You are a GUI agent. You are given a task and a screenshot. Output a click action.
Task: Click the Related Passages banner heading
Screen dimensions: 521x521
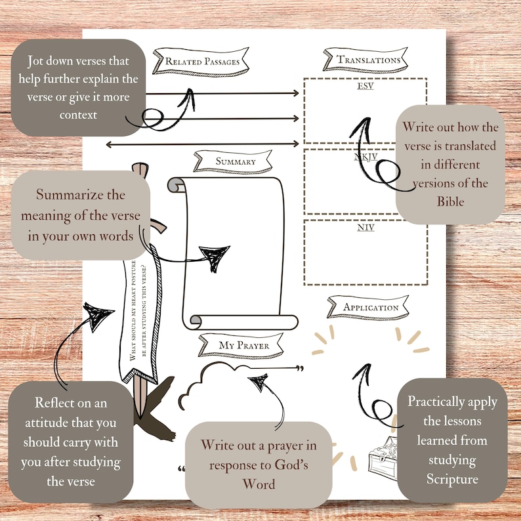tap(201, 62)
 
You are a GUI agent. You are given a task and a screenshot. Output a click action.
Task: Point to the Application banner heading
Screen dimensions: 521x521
tap(371, 307)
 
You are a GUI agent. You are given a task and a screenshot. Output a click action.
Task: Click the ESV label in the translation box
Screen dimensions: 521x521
tap(365, 86)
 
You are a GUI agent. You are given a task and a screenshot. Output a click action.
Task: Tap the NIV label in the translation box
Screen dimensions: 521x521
tap(365, 228)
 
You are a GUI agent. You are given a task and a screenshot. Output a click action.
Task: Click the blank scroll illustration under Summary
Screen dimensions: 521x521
tap(227, 253)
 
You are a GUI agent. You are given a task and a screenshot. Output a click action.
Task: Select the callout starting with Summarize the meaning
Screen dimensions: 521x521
tap(80, 215)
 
